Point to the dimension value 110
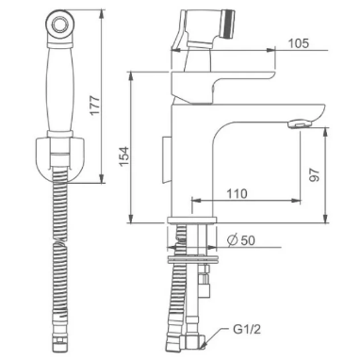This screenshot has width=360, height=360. tap(236, 192)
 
